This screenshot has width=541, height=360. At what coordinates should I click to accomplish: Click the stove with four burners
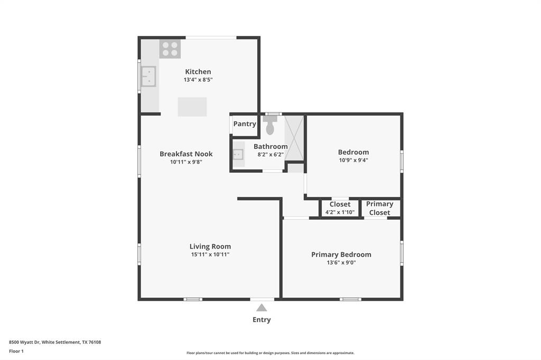click(x=170, y=49)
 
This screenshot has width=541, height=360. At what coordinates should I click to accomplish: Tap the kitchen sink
click(x=148, y=77)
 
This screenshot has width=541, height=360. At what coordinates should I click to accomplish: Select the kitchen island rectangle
click(x=192, y=107)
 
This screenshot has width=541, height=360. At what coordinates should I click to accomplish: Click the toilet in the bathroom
click(x=270, y=126)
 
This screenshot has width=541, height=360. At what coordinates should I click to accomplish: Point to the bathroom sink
click(x=238, y=154)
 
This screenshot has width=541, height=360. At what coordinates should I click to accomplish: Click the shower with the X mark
click(x=294, y=138)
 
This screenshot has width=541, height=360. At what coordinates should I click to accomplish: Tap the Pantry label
click(x=245, y=124)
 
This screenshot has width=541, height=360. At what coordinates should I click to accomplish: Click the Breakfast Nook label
click(x=186, y=154)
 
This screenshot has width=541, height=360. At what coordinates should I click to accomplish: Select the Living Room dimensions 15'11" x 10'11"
click(x=210, y=254)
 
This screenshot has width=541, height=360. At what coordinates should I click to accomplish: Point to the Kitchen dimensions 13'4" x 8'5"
click(x=198, y=80)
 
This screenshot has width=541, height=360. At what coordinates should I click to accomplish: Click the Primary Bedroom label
click(x=341, y=254)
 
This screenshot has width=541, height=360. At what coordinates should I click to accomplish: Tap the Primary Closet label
click(x=379, y=209)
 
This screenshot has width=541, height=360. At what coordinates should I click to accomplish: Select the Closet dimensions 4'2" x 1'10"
click(x=340, y=212)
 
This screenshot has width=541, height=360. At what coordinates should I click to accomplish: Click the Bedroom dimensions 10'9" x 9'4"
click(x=353, y=160)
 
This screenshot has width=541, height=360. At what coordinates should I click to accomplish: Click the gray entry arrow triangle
click(x=262, y=308)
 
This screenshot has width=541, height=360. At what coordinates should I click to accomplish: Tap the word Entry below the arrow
click(x=262, y=319)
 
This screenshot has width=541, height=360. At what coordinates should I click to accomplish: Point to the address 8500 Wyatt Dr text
click(x=55, y=342)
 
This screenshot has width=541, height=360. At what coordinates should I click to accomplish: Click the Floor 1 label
click(x=16, y=351)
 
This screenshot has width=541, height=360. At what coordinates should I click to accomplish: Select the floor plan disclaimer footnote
click(x=270, y=353)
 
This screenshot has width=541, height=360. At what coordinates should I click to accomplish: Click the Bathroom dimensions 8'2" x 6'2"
click(x=270, y=155)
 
